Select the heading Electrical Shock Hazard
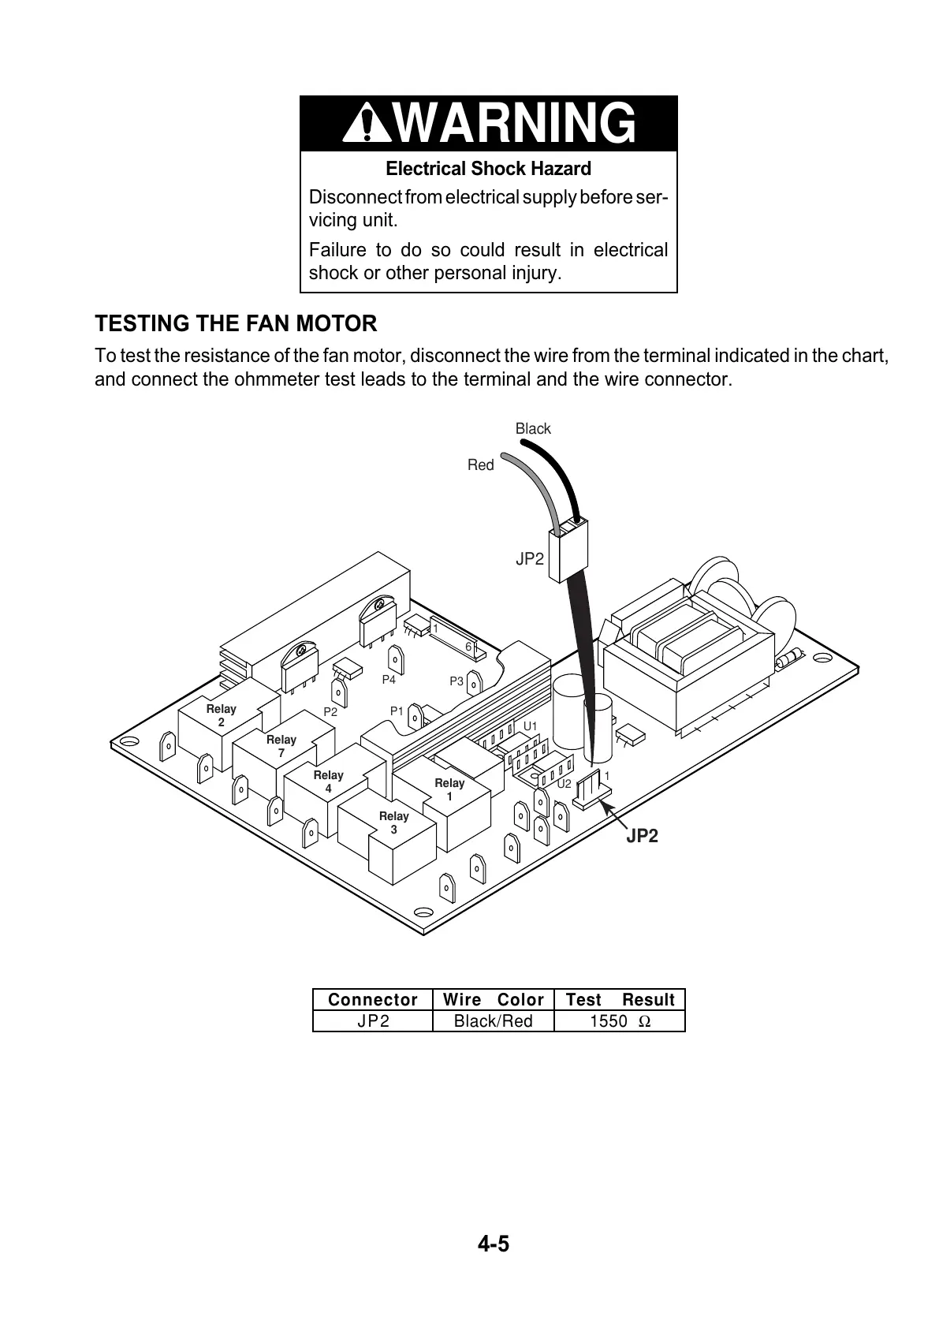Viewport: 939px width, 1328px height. point(488,169)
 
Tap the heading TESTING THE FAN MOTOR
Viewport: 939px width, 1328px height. point(236,323)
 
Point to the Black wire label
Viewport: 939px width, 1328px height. point(533,429)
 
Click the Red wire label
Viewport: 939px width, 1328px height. point(480,465)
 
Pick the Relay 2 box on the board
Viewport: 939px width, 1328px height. point(221,716)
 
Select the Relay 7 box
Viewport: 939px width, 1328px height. point(281,747)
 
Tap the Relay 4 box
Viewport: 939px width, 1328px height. point(328,782)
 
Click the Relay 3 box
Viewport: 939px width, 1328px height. point(393,823)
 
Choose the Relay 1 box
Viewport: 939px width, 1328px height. point(449,789)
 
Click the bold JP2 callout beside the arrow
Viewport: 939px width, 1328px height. point(642,836)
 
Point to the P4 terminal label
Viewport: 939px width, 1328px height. point(389,680)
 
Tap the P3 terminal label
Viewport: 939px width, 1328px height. point(456,681)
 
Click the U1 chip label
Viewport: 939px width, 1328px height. point(531,726)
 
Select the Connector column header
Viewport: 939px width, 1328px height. point(373,1000)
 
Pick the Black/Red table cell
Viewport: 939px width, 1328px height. point(494,1021)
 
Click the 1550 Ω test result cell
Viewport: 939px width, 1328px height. point(620,1021)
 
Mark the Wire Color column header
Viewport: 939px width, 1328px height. point(494,1000)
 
